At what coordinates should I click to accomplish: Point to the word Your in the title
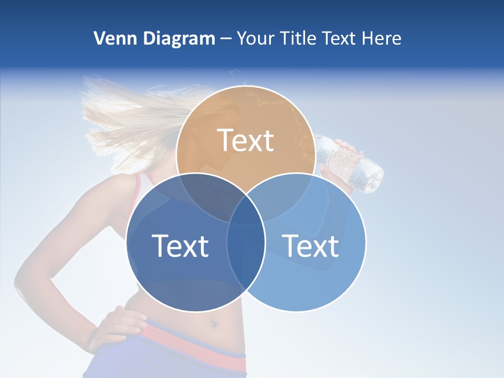tap(256, 38)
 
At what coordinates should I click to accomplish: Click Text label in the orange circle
tap(246, 140)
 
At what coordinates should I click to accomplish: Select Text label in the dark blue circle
tap(180, 246)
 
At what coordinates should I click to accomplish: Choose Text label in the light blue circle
tap(310, 246)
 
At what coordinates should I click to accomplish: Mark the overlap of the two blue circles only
tap(246, 262)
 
